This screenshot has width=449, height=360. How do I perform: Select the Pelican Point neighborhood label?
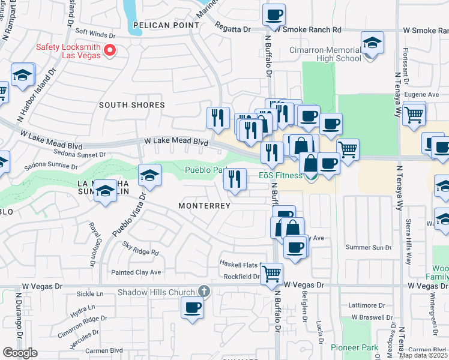tap(166, 25)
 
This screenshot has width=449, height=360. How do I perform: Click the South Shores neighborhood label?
tap(131, 105)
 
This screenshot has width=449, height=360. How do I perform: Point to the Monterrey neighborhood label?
tap(205, 206)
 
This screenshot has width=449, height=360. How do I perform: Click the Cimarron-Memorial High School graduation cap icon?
tap(372, 43)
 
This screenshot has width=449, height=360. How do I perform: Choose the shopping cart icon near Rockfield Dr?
tap(272, 274)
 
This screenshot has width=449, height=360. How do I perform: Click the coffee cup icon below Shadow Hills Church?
tap(193, 307)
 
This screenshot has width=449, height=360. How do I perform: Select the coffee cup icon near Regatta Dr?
tap(274, 14)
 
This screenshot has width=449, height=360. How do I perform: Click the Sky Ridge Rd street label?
tap(140, 248)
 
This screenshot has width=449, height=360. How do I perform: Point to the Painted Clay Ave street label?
tap(136, 272)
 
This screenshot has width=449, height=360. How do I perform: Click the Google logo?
tap(20, 353)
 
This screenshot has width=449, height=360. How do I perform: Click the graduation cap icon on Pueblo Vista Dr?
tap(149, 175)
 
